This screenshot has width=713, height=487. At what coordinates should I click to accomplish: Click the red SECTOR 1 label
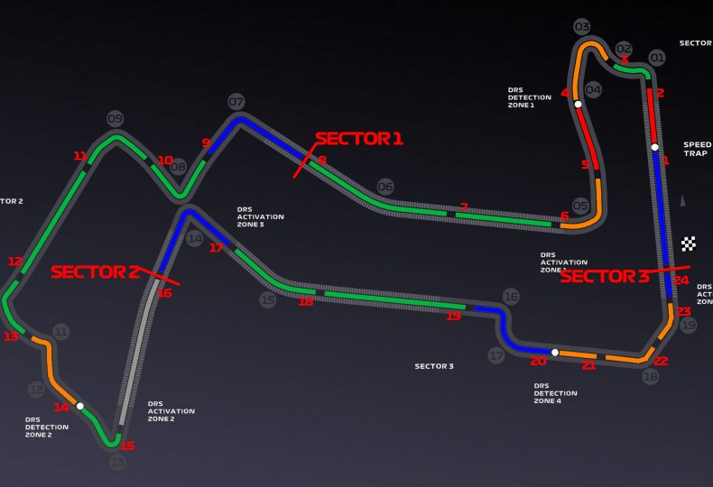[x=358, y=138]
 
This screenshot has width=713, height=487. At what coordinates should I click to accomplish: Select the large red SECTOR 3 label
[x=604, y=277]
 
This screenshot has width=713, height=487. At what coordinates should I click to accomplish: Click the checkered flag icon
[x=689, y=243]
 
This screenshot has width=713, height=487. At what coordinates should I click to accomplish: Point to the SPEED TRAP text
[x=697, y=149]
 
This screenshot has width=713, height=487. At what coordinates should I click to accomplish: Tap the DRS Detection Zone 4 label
[x=555, y=393]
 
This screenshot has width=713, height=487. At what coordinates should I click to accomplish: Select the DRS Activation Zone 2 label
[x=171, y=412]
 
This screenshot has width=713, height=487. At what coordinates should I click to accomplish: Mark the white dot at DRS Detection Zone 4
[x=555, y=353]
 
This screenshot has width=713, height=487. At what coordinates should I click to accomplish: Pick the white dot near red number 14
[x=80, y=406]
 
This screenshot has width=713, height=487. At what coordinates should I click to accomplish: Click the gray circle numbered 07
[x=236, y=102]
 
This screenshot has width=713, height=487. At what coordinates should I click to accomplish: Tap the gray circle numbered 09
[x=115, y=118]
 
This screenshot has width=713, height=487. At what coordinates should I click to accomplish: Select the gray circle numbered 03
[x=582, y=27]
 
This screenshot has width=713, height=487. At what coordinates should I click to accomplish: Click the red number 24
[x=681, y=280]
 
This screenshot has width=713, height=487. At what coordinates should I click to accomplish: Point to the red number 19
[x=453, y=316]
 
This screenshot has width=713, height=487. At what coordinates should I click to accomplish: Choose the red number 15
[x=127, y=446]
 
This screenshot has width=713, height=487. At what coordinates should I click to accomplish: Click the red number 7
[x=464, y=207]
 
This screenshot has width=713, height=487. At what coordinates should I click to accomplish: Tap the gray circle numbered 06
[x=385, y=187]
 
